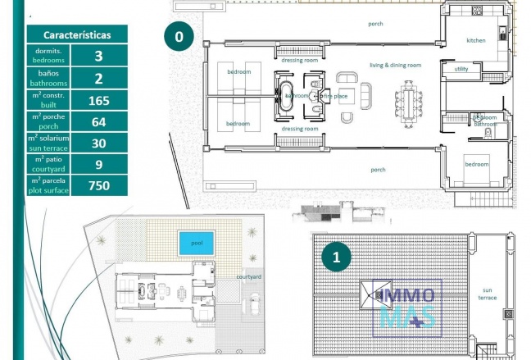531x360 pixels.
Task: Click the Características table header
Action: coord(77,34)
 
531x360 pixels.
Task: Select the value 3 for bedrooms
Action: coord(99,56)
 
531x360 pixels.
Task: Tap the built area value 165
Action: coord(99,100)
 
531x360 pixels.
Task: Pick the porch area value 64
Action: coord(99,121)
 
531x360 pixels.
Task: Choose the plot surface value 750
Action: coord(99,185)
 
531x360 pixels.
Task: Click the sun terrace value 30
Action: coord(99,143)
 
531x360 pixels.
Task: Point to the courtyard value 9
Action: coord(99,164)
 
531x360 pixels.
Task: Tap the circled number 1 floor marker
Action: coord(336,257)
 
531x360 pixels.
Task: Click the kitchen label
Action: coord(476,40)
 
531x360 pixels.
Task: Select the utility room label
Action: coord(461,70)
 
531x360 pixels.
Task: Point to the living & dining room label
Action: coord(395,65)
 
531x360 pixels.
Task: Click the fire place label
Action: coord(335,96)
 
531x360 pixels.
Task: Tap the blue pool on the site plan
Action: coord(196,244)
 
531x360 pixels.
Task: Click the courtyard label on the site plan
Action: coord(249,277)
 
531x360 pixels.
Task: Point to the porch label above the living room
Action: coord(375,24)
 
